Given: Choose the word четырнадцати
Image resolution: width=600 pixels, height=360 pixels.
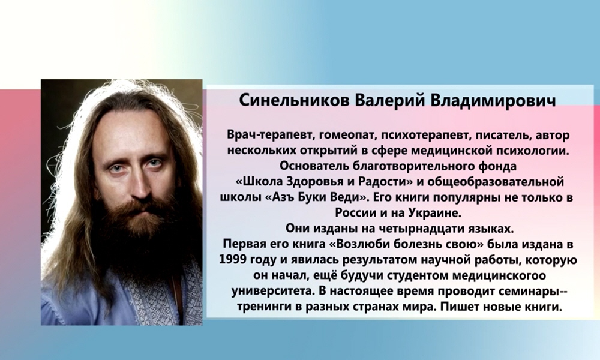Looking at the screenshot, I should click(x=405, y=228).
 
